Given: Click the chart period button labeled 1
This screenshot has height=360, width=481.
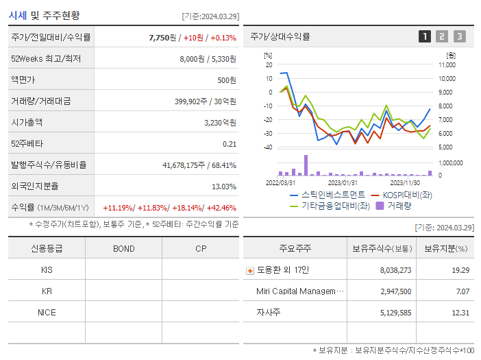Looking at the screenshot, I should click(x=425, y=37).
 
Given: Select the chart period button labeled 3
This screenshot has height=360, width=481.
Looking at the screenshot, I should click(x=459, y=37).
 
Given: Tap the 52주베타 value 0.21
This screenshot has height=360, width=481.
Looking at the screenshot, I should click(x=230, y=144).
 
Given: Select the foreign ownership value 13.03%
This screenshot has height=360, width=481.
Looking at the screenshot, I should click(x=224, y=187).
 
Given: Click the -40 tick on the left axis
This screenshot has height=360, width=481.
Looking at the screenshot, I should click(x=268, y=147).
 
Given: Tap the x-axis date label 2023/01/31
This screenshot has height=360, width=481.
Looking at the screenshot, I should click(x=343, y=182).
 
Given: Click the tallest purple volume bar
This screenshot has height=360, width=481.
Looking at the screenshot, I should click(x=306, y=165).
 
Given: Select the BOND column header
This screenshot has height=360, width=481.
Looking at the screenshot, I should click(x=123, y=248).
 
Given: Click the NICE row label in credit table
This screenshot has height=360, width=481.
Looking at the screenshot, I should click(x=47, y=312).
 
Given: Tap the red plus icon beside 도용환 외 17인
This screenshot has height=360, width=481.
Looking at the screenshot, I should click(x=249, y=271).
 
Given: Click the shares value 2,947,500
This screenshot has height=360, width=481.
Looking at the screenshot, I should click(x=395, y=291).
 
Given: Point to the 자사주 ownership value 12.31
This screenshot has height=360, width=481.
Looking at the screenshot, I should click(x=460, y=313).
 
